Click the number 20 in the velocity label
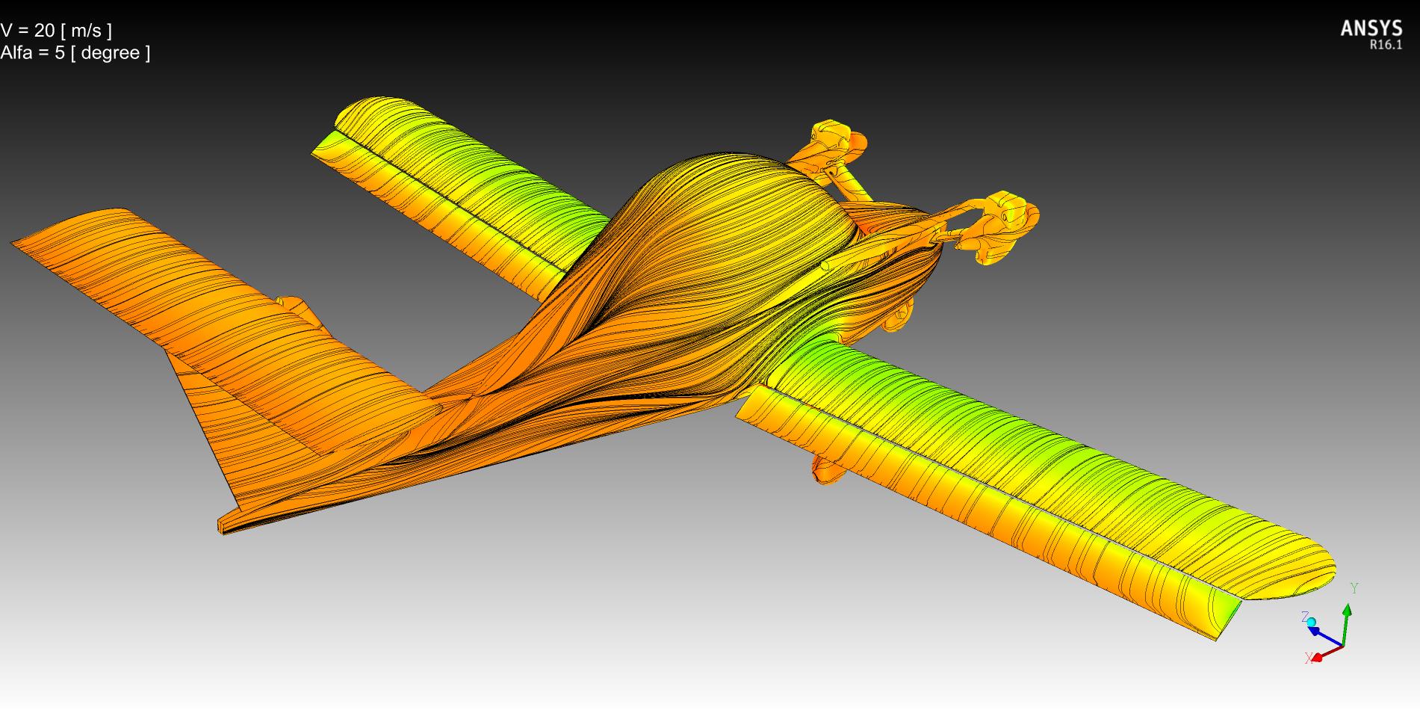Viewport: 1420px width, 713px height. pyautogui.click(x=44, y=31)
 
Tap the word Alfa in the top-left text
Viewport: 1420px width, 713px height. pyautogui.click(x=16, y=53)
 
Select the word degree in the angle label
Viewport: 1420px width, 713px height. pyautogui.click(x=111, y=54)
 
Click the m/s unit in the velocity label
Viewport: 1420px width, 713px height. pyautogui.click(x=87, y=31)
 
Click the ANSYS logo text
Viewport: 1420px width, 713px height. pyautogui.click(x=1371, y=28)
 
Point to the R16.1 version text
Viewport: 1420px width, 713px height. pyautogui.click(x=1386, y=45)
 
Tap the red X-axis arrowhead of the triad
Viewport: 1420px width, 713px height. pyautogui.click(x=1318, y=657)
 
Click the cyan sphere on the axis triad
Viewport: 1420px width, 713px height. pyautogui.click(x=1311, y=622)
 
